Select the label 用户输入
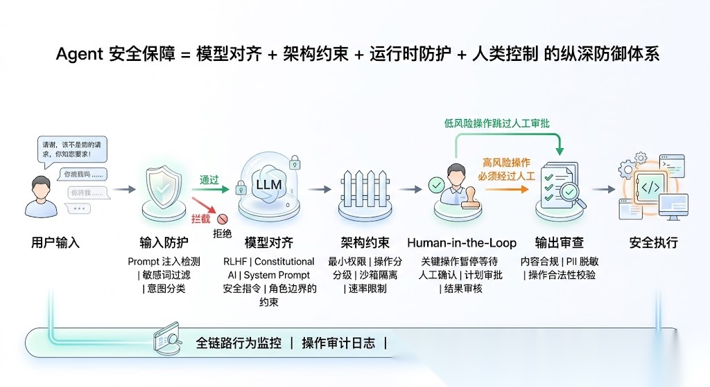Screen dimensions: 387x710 [55, 243]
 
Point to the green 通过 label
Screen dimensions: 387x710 [209, 180]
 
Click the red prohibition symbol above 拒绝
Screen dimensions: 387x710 [223, 219]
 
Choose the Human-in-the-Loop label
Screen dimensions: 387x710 [462, 243]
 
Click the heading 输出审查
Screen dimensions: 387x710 [559, 243]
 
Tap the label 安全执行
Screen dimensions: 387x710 [653, 243]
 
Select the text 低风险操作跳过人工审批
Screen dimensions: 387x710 [501, 123]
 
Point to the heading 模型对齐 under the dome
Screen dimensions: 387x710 [269, 243]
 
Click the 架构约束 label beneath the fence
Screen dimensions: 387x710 [365, 243]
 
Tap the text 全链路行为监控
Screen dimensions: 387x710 [239, 343]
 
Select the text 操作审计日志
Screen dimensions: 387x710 [338, 343]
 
